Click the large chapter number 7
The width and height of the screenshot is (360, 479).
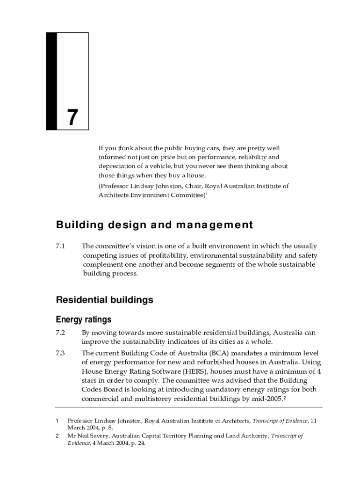[72, 117]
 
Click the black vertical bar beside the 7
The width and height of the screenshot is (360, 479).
[51, 81]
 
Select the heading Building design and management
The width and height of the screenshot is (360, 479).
[154, 225]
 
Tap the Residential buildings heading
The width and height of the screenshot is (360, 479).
[104, 300]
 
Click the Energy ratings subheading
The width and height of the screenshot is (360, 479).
[84, 320]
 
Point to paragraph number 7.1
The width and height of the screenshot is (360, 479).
[61, 246]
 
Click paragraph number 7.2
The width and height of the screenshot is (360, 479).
[61, 333]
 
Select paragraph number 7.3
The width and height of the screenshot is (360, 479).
[61, 353]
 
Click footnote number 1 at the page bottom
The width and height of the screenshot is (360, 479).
[57, 421]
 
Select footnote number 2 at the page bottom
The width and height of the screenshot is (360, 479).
[57, 436]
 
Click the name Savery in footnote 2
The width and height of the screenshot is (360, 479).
[96, 436]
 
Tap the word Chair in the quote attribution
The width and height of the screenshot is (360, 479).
[197, 186]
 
